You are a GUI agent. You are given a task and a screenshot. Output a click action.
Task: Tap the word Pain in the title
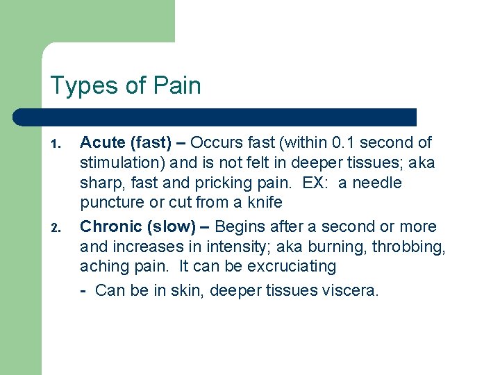[176, 86]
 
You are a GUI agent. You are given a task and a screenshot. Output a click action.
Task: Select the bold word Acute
[103, 143]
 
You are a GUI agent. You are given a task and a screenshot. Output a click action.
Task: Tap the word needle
[378, 183]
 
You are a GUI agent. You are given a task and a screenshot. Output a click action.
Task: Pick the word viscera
[351, 290]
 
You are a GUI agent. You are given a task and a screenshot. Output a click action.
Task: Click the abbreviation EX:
[322, 183]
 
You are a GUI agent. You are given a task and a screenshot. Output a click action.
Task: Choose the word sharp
[99, 183]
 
